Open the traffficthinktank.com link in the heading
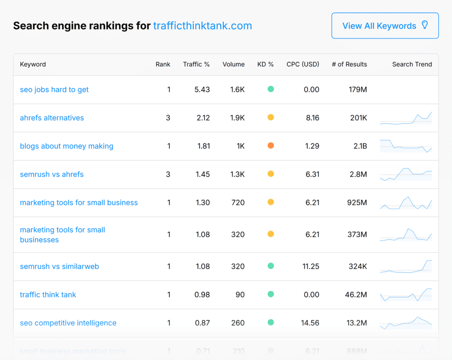click(203, 26)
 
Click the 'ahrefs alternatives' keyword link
click(52, 118)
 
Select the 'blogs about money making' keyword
click(67, 146)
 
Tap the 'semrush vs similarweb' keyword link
click(60, 266)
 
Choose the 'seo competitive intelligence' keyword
click(68, 323)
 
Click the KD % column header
click(265, 64)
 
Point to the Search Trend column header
click(412, 64)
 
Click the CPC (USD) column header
click(302, 64)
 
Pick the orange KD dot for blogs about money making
click(271, 146)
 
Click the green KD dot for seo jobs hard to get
click(271, 89)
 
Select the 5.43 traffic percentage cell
click(202, 90)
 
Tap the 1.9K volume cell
click(237, 118)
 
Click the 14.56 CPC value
click(310, 323)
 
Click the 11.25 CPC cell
click(310, 266)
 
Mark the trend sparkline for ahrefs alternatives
click(406, 118)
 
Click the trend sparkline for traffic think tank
click(406, 294)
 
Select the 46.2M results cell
click(356, 295)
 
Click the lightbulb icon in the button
click(425, 25)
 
